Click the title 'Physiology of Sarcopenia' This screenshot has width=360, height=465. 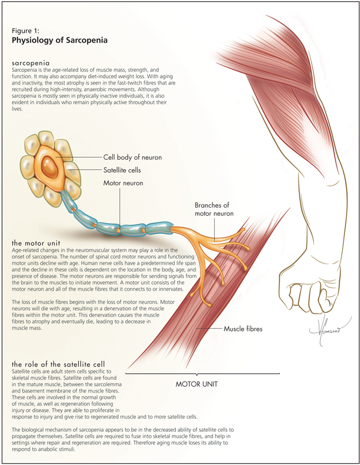coord(59,41)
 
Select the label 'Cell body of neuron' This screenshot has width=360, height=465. coord(132,157)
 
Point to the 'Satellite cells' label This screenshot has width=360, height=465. coord(122,170)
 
